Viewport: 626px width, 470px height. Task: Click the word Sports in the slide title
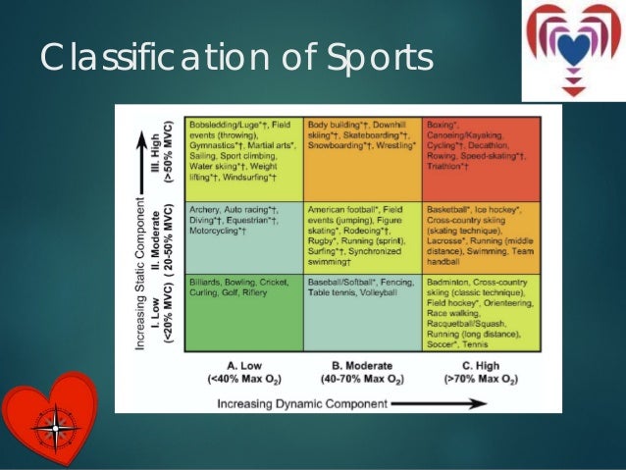(x=374, y=61)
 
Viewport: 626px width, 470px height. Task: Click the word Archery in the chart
(x=205, y=209)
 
